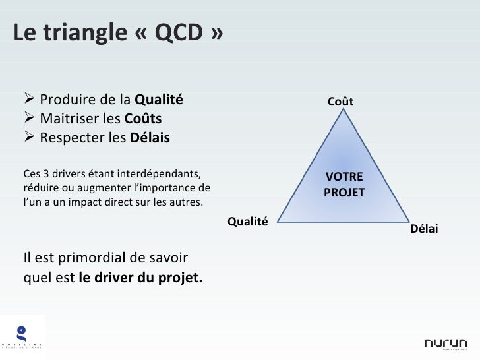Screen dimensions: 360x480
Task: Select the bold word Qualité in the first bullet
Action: (x=158, y=100)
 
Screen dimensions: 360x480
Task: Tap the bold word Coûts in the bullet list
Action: (x=142, y=119)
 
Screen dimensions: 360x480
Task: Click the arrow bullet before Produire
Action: (x=30, y=100)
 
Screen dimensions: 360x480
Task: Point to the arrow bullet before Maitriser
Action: (x=30, y=119)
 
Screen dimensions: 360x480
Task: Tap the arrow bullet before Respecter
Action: (x=30, y=138)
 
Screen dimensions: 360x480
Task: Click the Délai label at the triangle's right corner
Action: (x=424, y=228)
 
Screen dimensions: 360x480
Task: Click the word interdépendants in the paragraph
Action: (x=158, y=174)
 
